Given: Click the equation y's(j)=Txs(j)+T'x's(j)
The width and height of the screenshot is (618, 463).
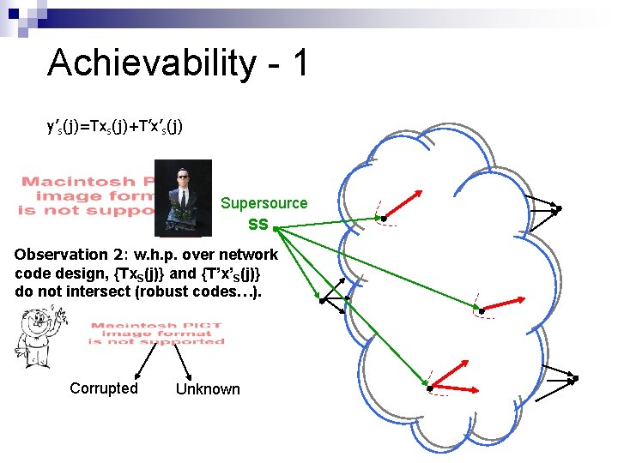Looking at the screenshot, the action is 114,127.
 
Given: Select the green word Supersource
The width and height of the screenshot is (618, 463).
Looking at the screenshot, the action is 264,203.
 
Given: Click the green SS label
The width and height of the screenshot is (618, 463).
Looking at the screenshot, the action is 257,225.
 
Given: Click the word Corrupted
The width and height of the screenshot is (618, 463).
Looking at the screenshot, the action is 104,388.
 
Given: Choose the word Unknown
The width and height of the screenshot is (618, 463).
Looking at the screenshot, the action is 208,389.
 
